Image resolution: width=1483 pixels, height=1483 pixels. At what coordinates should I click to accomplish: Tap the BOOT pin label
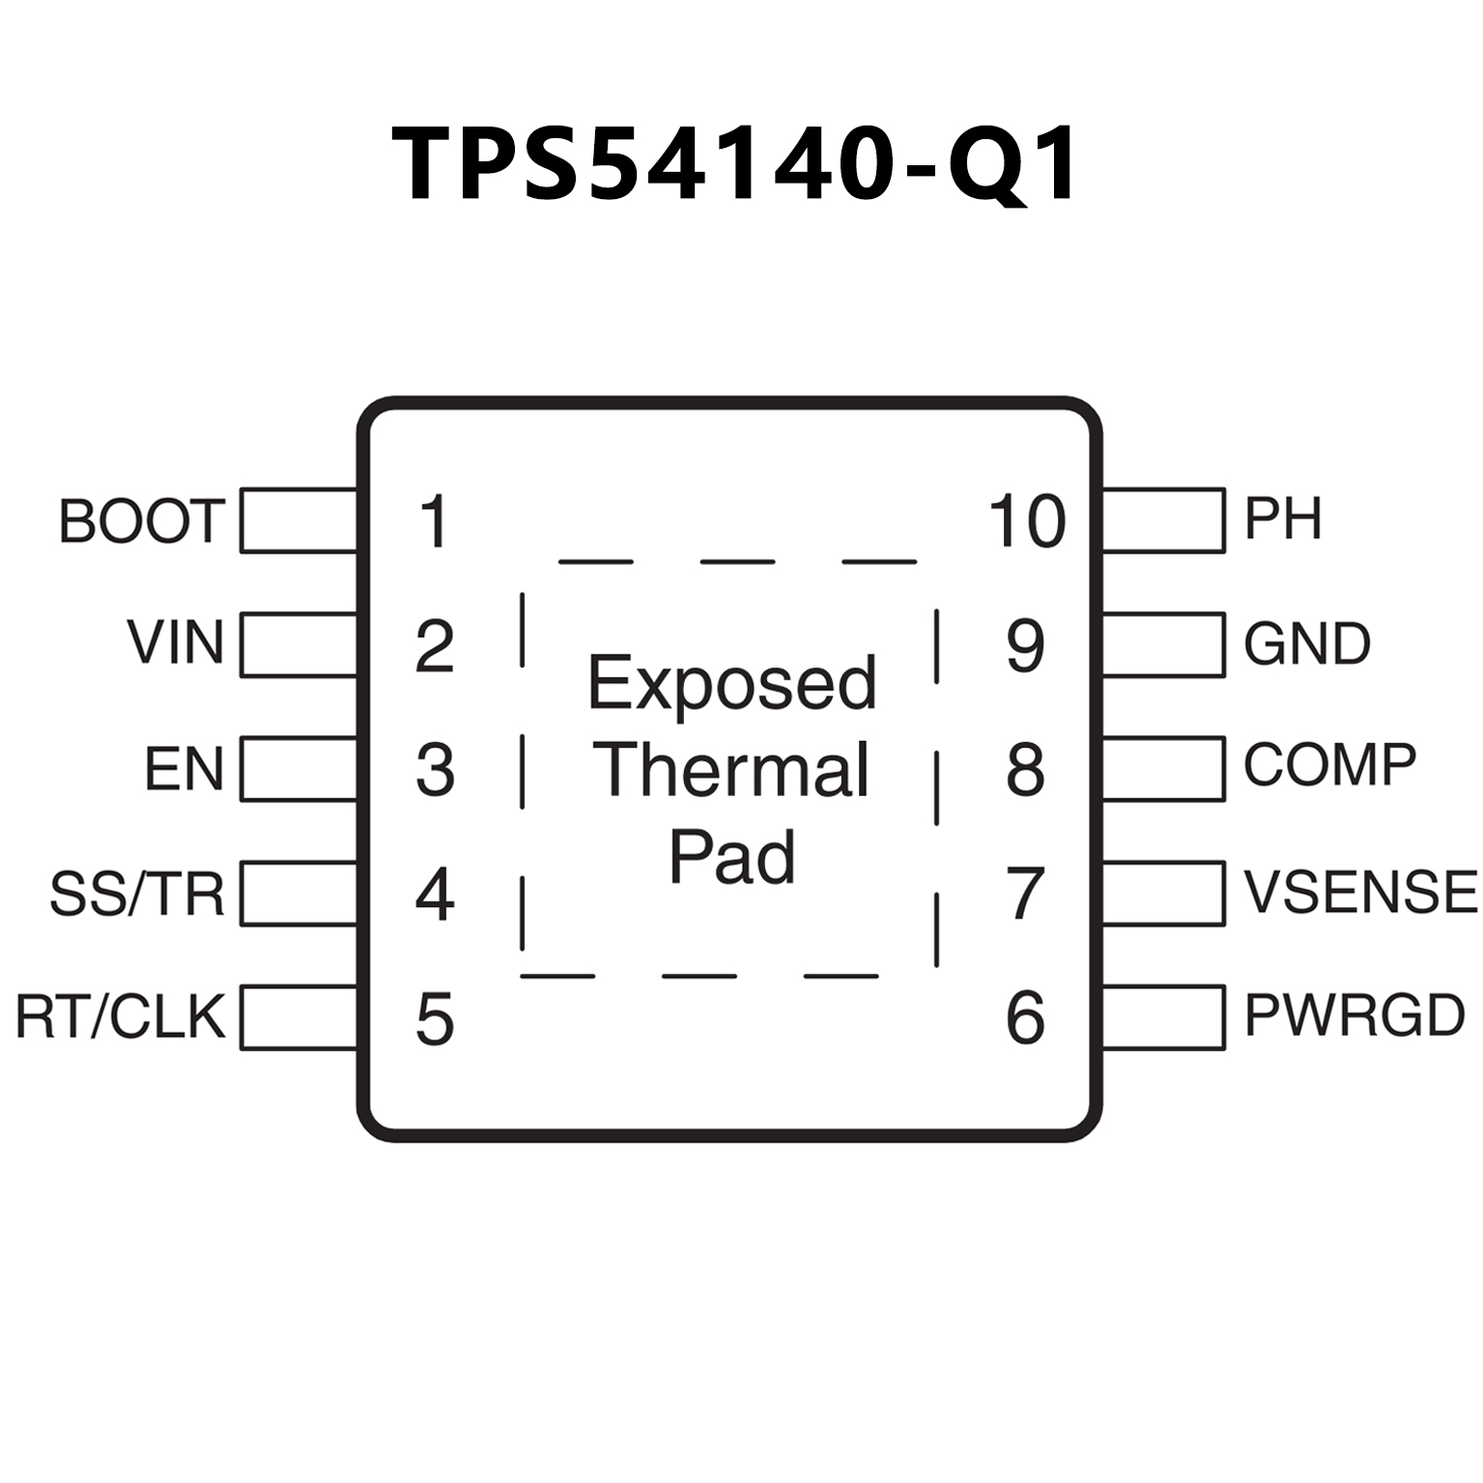pos(142,521)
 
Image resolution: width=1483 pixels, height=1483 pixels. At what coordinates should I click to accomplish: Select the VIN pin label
pos(176,642)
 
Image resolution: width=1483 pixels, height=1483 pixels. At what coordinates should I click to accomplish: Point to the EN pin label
pos(185,769)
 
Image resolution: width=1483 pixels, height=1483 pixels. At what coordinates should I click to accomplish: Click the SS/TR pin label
pos(137,894)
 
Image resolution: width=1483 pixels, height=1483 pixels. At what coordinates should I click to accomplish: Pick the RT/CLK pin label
pos(121,1016)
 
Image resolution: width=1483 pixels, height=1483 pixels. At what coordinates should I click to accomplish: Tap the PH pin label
pos(1282,519)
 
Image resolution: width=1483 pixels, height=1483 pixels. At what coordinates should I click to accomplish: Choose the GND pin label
pos(1306,643)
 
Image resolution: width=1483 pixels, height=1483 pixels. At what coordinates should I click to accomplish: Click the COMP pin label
pos(1329,765)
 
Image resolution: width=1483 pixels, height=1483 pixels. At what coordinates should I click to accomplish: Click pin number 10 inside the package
pos(1027,522)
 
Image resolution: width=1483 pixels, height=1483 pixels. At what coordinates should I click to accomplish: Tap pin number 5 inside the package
pos(435,1019)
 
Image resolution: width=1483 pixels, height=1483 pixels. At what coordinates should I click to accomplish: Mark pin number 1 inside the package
pos(434,522)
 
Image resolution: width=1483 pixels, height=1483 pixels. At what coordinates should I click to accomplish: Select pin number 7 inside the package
pos(1025,894)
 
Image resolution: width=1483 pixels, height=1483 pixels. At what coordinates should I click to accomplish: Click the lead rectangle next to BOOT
pos(299,521)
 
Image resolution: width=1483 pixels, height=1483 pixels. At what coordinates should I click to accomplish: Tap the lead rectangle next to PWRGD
pos(1163,1016)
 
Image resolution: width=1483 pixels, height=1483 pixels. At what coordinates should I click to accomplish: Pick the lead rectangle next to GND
pos(1163,643)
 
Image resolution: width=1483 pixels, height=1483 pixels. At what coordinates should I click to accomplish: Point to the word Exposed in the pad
pos(732,684)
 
